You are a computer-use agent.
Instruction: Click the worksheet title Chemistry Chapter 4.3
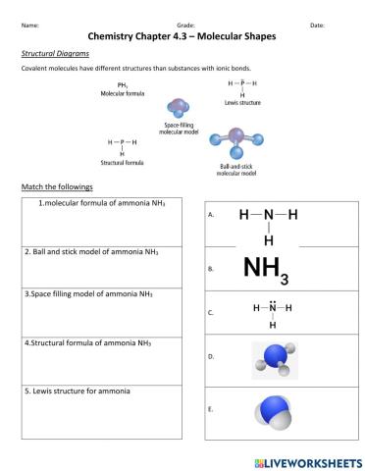pyautogui.click(x=182, y=35)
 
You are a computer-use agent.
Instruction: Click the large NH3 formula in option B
pyautogui.click(x=266, y=267)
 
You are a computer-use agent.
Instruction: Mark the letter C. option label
pyautogui.click(x=211, y=314)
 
